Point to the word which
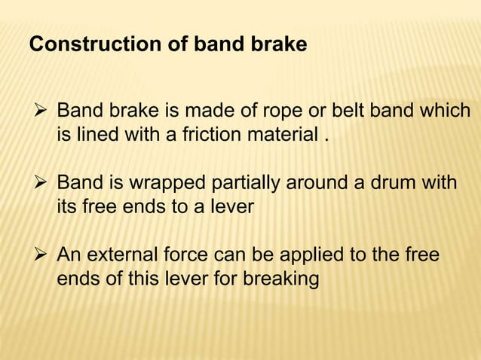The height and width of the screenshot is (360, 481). [x=446, y=114]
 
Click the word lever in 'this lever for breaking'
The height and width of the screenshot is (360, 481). [x=175, y=279]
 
